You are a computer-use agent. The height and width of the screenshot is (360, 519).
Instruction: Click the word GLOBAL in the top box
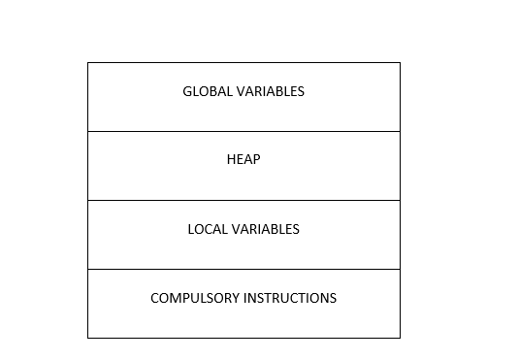[x=205, y=92]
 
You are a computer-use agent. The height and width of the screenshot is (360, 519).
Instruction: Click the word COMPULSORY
[x=194, y=299]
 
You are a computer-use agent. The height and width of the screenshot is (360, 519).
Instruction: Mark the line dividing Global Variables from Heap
[x=243, y=131]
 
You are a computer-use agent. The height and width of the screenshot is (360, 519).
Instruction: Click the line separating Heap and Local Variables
[x=243, y=200]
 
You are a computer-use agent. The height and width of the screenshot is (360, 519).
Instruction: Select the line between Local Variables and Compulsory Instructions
[x=243, y=269]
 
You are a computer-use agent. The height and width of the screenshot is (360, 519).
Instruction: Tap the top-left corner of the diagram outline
[x=88, y=63]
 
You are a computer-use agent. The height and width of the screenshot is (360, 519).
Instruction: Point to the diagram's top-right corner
[x=400, y=63]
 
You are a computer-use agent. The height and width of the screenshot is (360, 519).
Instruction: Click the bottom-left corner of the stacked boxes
[x=88, y=338]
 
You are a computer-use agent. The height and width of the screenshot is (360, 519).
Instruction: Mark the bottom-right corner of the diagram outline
[x=400, y=338]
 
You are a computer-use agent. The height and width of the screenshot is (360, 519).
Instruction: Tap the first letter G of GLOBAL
[x=187, y=92]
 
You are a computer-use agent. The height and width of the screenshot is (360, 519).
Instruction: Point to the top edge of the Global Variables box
[x=243, y=63]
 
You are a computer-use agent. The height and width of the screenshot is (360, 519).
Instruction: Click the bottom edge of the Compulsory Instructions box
[x=243, y=338]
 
